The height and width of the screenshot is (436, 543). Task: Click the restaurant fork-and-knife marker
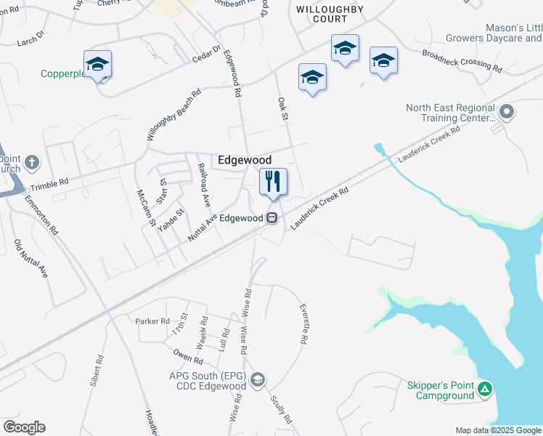click(x=273, y=182)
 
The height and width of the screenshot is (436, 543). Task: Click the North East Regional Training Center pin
click(x=507, y=112)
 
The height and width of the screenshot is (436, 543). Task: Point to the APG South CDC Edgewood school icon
click(x=258, y=380)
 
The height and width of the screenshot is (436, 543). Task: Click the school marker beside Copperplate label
click(x=97, y=64)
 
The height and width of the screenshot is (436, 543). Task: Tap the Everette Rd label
click(x=304, y=324)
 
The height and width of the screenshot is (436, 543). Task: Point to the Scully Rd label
click(x=281, y=410)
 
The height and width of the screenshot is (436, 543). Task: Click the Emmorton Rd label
click(x=42, y=215)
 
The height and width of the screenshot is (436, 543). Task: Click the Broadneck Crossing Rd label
click(x=462, y=62)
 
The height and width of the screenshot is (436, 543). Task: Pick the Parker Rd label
click(x=152, y=320)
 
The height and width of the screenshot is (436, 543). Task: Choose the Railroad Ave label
click(x=204, y=185)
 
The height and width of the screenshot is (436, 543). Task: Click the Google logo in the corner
click(x=24, y=427)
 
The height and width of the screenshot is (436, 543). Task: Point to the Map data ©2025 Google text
click(x=497, y=430)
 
